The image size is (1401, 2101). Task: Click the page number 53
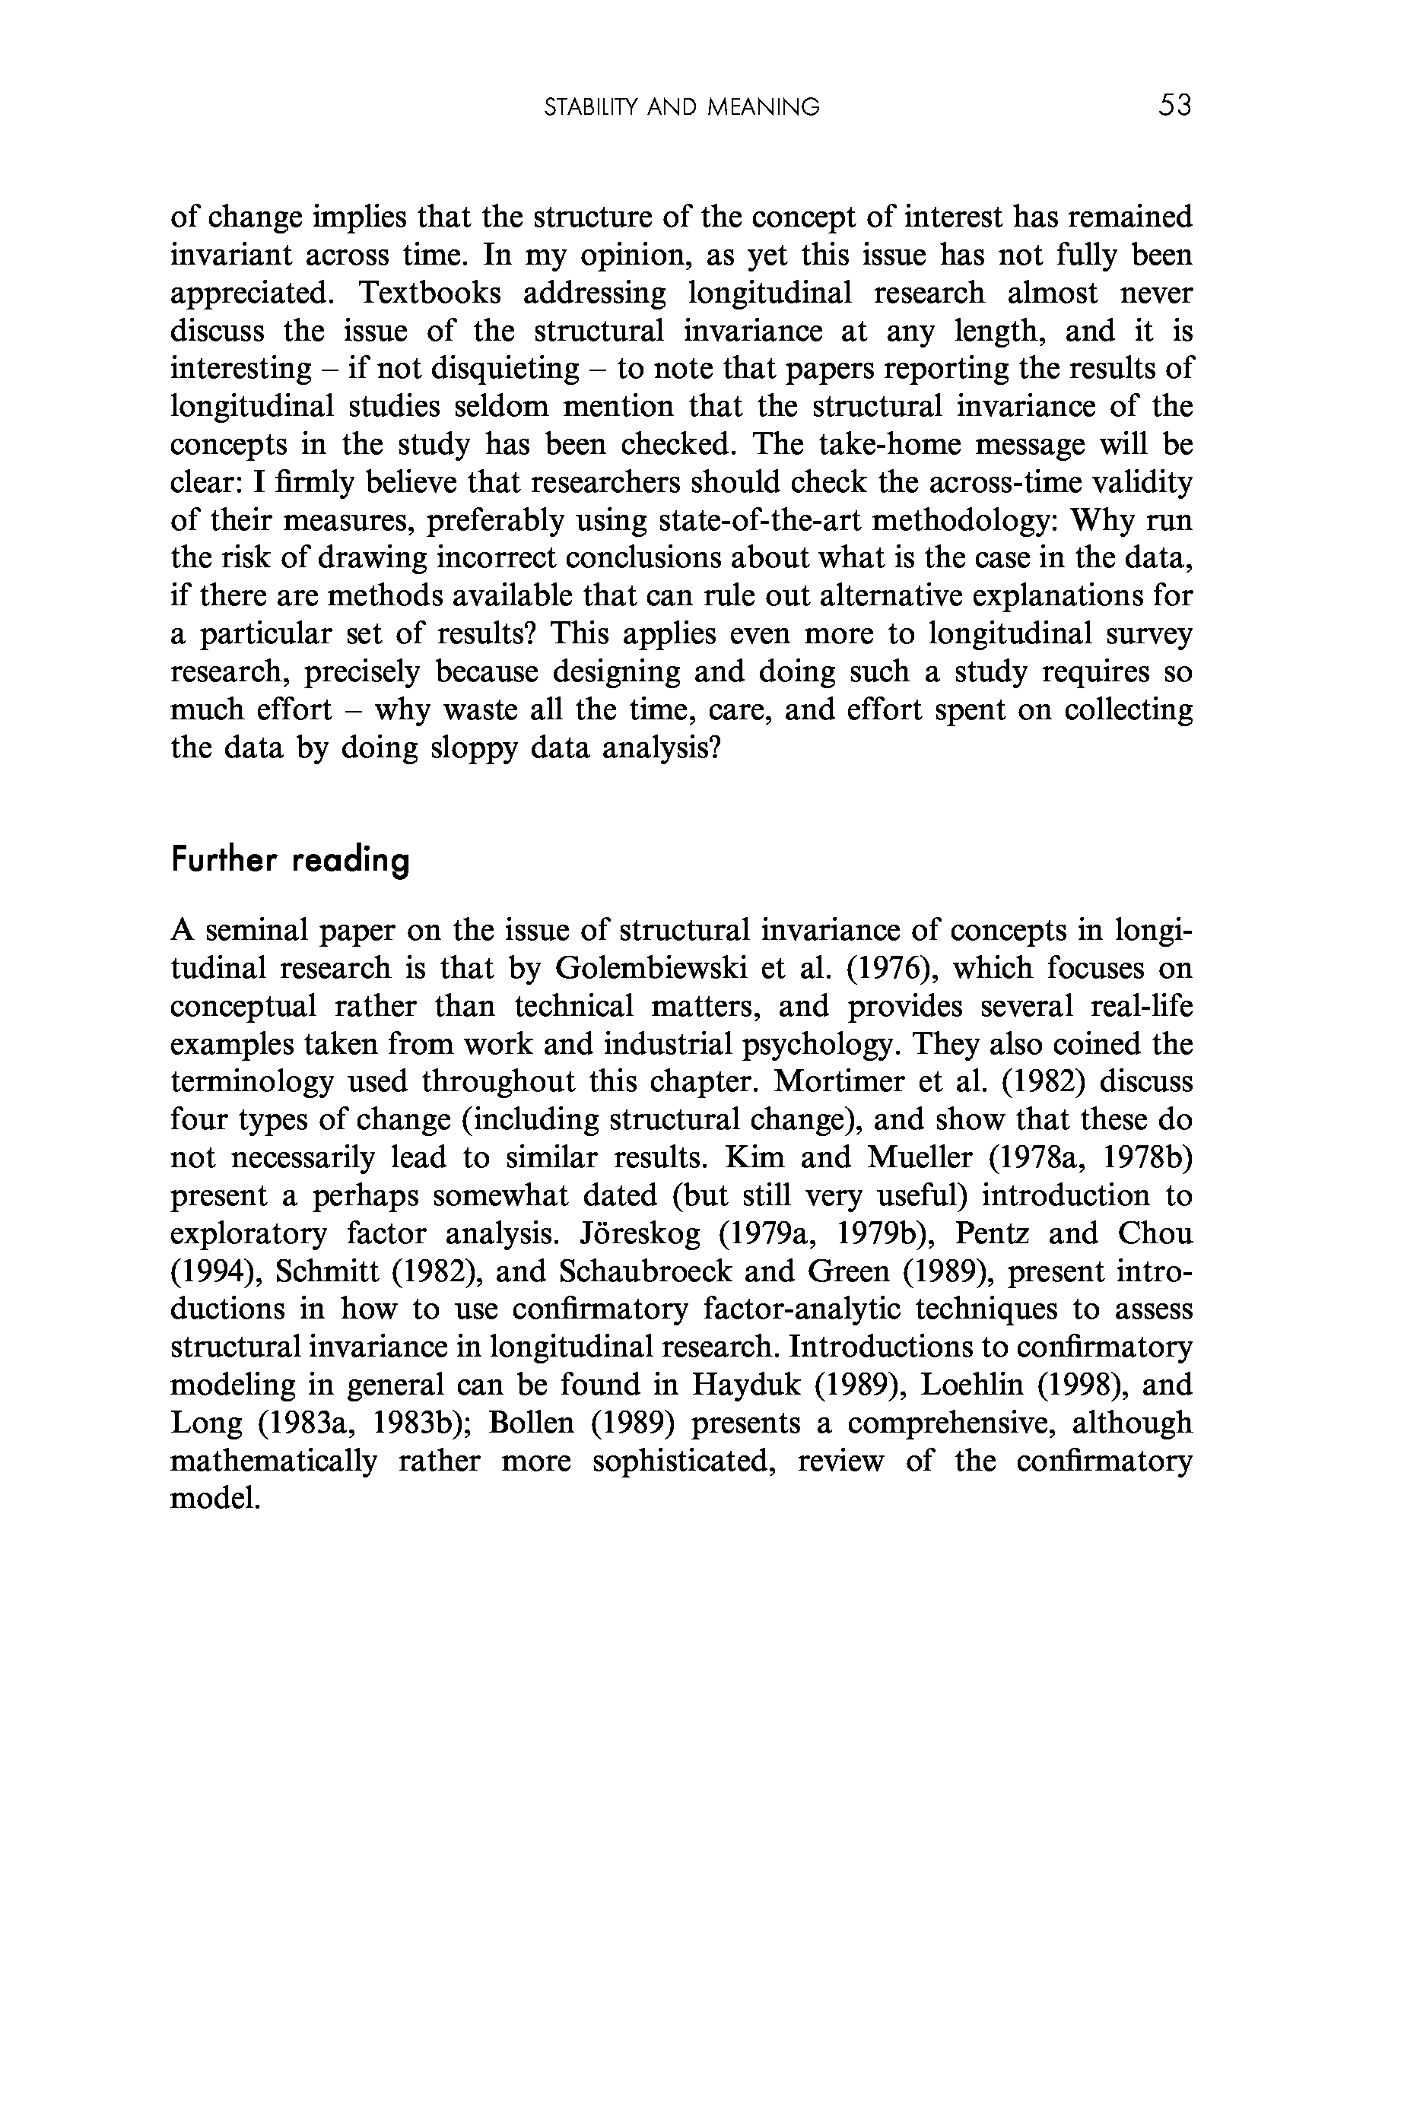[x=1174, y=106]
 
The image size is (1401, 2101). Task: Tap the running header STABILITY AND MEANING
[x=681, y=108]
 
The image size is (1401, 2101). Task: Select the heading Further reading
[x=291, y=861]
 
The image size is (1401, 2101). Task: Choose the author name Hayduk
[x=746, y=1385]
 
